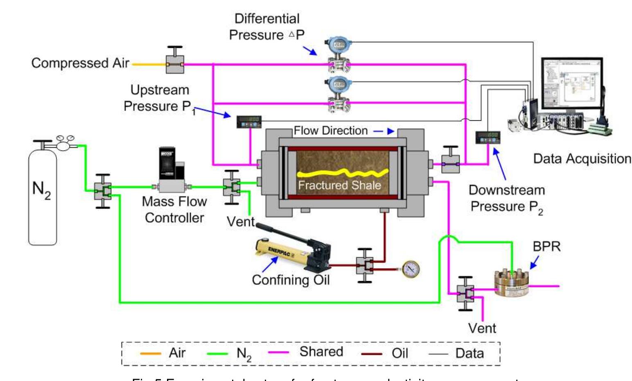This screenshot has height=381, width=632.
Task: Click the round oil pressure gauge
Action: point(410,269)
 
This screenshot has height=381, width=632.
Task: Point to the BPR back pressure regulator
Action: point(511,282)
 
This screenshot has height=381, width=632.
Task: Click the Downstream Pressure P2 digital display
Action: point(487,137)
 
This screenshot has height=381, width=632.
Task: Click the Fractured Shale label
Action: point(339,185)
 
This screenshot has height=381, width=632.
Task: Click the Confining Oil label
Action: point(291,280)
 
